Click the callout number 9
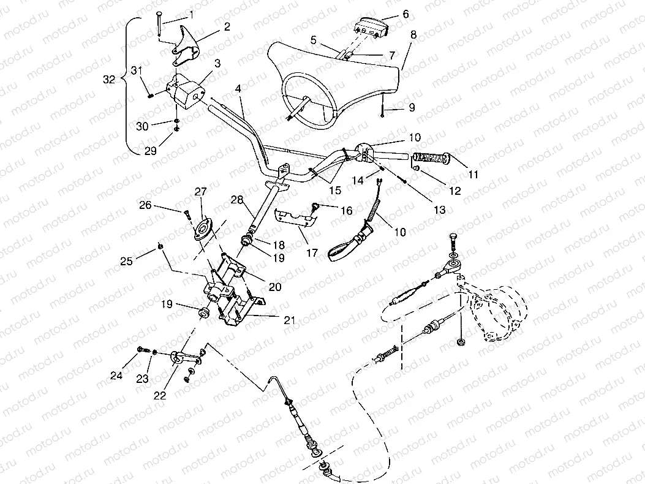click(412, 107)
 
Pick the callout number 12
click(454, 191)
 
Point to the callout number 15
click(334, 191)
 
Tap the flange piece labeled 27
click(203, 225)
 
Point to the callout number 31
click(138, 71)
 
